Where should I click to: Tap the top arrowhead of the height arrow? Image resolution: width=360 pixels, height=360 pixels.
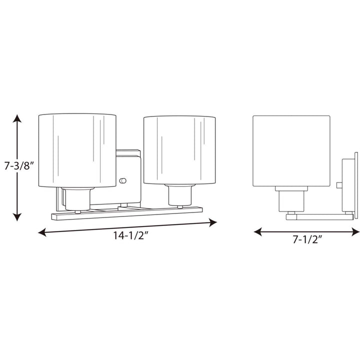17,119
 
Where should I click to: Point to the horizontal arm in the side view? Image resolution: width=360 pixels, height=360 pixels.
320,216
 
